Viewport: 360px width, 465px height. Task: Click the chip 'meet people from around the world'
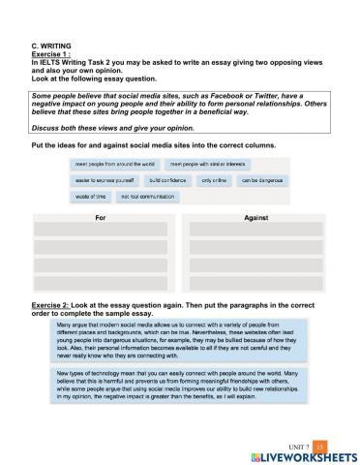point(107,165)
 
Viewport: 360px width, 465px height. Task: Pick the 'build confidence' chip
point(165,180)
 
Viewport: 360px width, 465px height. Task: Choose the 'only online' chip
point(212,180)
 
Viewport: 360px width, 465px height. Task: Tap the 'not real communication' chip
point(152,196)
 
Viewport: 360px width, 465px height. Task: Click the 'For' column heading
point(100,217)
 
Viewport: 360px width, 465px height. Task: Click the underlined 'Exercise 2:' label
point(55,303)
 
